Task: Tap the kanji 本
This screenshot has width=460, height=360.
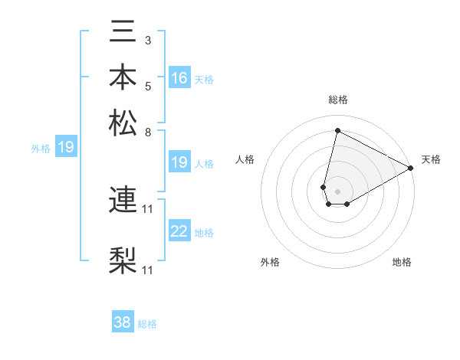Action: point(123,78)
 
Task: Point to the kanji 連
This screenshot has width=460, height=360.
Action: point(123,201)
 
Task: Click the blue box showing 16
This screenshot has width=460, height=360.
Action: point(179,78)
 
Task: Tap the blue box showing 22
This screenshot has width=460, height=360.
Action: point(179,231)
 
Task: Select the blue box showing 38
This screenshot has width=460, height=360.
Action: point(123,322)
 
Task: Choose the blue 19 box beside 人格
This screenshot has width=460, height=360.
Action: point(179,162)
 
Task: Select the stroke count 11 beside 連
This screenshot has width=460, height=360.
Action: point(148,208)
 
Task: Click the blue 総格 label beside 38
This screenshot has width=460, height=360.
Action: point(147,324)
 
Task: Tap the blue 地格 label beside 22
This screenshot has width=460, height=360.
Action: point(204,233)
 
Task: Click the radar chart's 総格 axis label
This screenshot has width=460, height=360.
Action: point(338,100)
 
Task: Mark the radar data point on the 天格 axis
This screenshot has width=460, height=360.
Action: point(411,169)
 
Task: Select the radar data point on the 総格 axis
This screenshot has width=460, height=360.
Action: point(337,130)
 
